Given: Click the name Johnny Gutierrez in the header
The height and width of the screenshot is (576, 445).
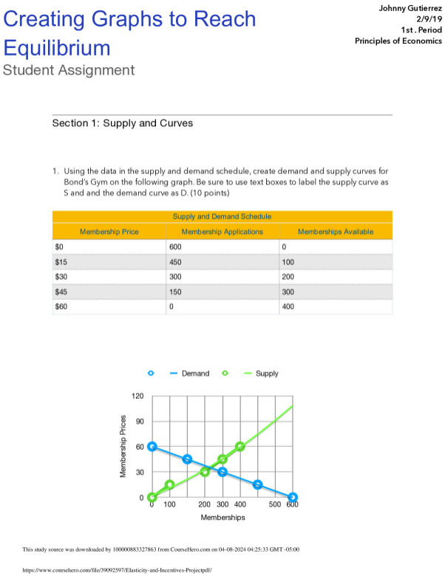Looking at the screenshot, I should [x=405, y=8].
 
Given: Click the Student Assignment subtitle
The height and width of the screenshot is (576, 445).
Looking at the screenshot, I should [x=69, y=70].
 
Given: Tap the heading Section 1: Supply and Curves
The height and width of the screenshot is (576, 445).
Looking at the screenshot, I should [x=122, y=123].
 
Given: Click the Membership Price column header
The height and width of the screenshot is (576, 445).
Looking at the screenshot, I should [x=109, y=232].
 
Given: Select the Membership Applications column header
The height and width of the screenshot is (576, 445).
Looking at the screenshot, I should [x=222, y=232].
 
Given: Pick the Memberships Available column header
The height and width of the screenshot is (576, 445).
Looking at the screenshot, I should [x=335, y=232].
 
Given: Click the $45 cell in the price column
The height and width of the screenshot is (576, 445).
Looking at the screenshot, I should [x=61, y=292].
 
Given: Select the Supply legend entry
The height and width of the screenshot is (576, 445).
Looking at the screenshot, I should [x=267, y=374].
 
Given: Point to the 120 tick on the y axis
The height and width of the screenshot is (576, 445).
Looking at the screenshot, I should [x=138, y=397].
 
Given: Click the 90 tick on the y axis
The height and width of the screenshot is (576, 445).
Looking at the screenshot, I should [x=140, y=422].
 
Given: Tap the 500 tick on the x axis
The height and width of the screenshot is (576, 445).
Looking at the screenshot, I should [x=275, y=504].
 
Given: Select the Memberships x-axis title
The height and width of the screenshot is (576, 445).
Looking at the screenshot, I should [x=222, y=518].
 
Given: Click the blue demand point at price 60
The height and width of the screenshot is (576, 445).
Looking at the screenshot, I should [x=152, y=447].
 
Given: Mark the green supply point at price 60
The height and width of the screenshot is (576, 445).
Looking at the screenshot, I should [x=240, y=447].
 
